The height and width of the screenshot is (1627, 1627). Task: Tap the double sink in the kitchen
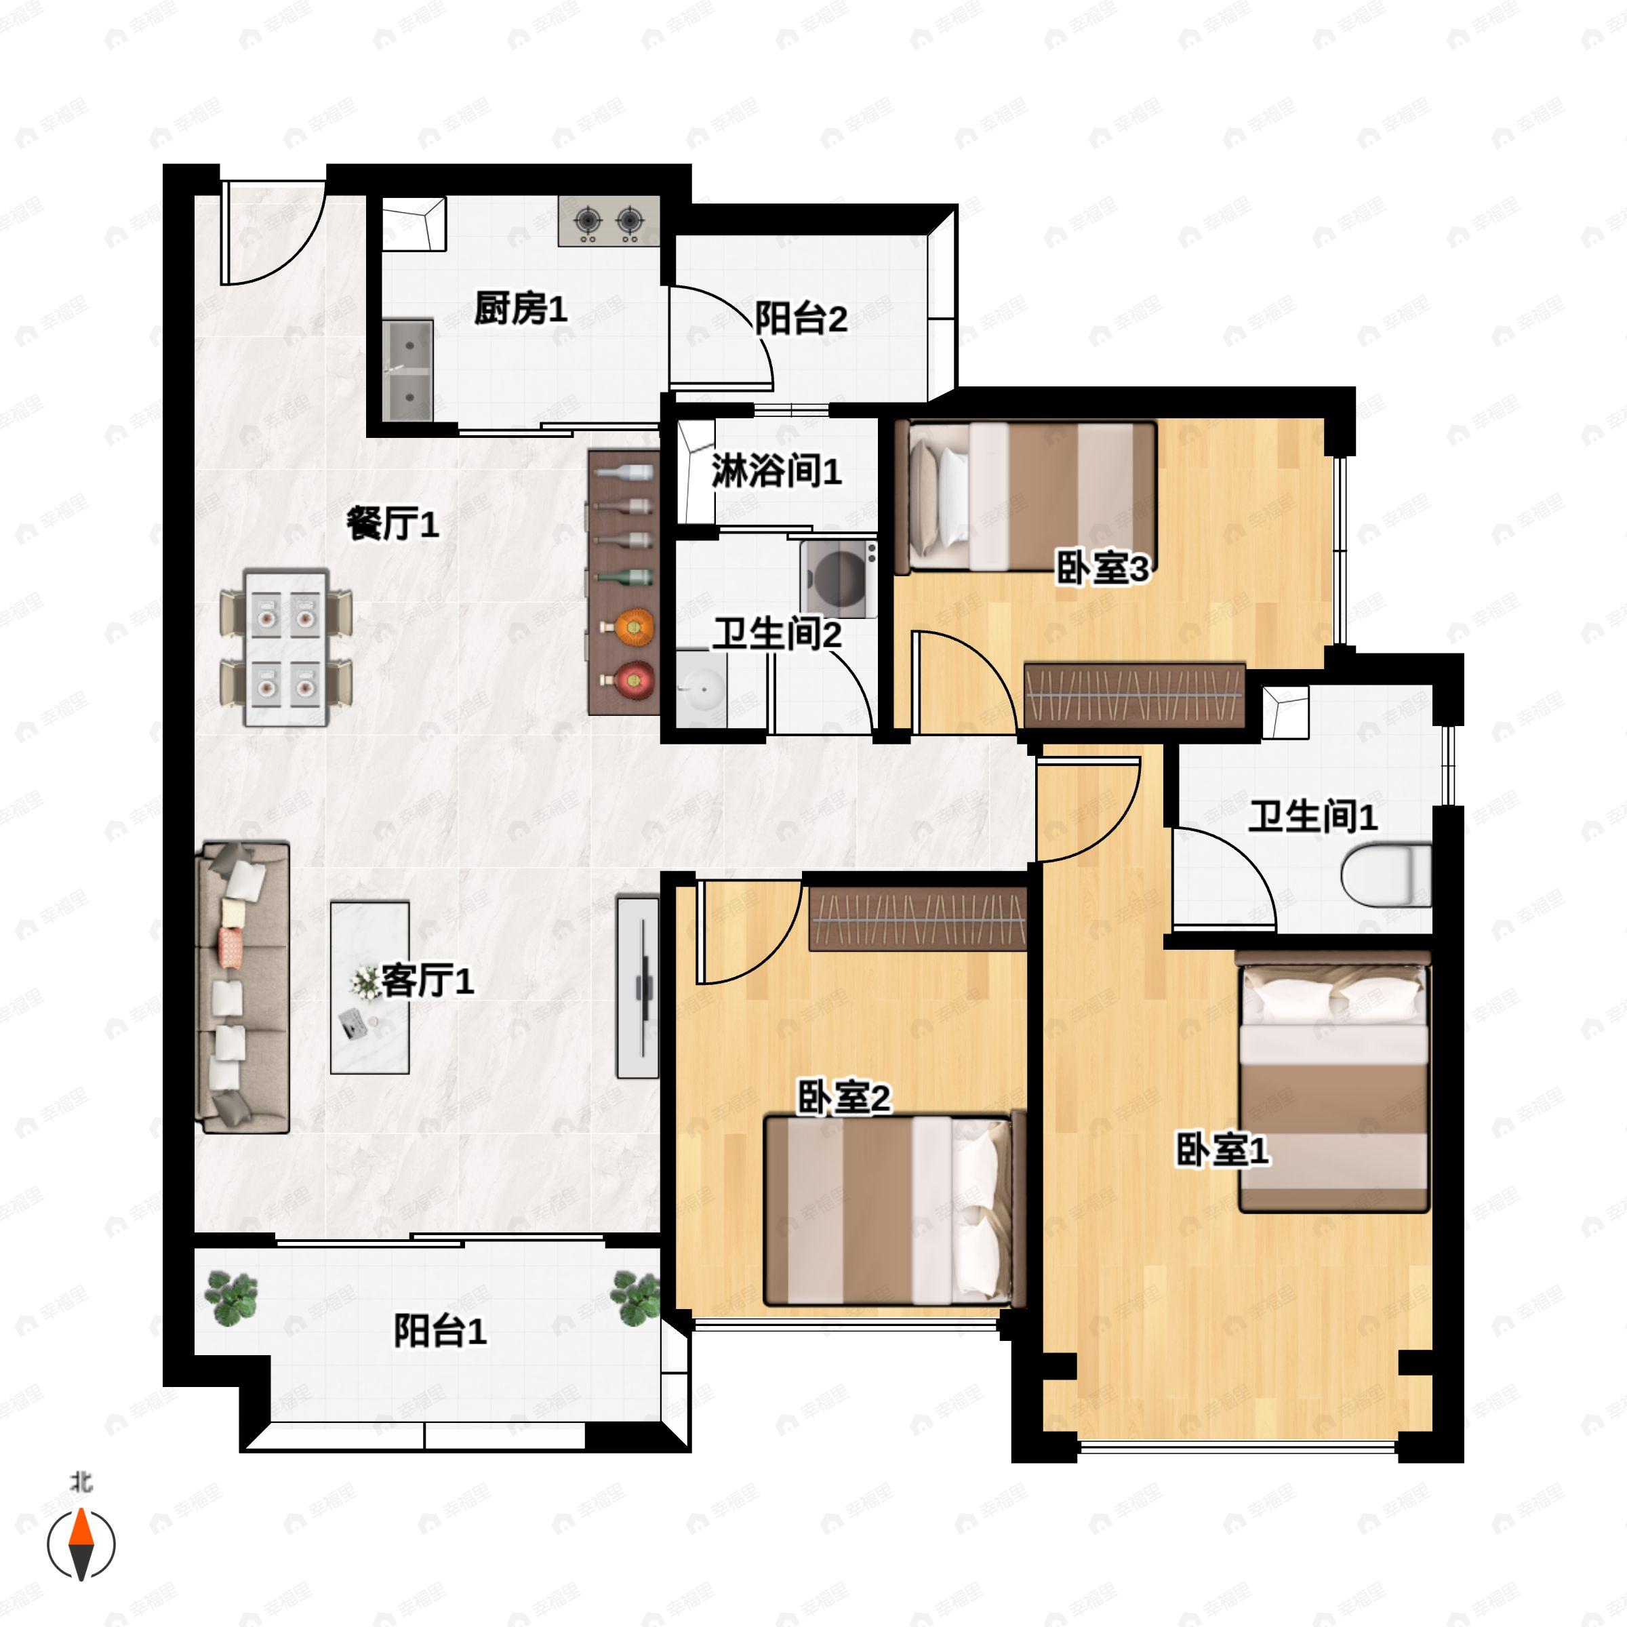[407, 369]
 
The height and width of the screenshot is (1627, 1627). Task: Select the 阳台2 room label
[800, 319]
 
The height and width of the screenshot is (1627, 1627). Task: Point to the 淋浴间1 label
[776, 470]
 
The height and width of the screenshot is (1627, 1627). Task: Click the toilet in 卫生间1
[1385, 875]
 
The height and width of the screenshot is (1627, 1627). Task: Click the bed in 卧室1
[1333, 1082]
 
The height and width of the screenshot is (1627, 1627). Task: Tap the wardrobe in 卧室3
[1133, 696]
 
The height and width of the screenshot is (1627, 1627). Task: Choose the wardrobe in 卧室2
[918, 919]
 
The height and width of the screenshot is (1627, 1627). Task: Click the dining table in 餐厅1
[285, 647]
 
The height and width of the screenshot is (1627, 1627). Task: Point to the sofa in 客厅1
[243, 987]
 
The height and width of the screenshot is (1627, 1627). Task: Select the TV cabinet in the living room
[637, 987]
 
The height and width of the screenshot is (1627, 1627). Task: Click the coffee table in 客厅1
[369, 987]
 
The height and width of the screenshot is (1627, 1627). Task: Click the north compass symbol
[81, 1544]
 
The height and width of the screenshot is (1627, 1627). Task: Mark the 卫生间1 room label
[1312, 816]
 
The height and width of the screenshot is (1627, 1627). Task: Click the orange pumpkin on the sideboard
[634, 627]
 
